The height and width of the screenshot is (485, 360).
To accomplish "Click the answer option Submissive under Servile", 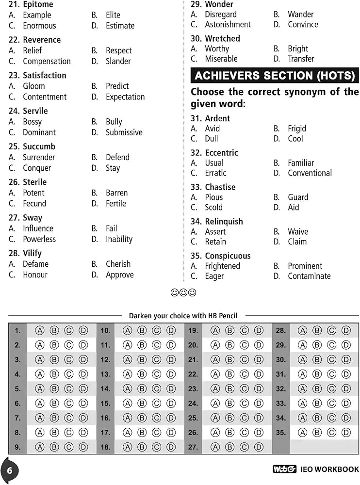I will [x=124, y=132].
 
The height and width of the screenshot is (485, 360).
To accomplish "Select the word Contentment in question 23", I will [x=45, y=97].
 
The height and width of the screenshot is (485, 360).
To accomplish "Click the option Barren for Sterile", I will [x=116, y=193].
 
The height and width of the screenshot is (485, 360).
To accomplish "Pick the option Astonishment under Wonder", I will [x=228, y=24].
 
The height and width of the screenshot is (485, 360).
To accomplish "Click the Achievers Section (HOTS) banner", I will [x=275, y=76].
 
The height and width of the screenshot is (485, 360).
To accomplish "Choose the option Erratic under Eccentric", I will [x=215, y=173].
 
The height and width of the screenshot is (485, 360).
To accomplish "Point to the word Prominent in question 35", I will [x=305, y=266].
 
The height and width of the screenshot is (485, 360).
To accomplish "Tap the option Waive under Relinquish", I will [x=297, y=232].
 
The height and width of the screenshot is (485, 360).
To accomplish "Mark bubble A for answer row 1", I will [x=40, y=331].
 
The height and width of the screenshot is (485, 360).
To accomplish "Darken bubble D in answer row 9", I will [x=83, y=447].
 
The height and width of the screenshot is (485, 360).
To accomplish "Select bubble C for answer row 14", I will [x=157, y=389].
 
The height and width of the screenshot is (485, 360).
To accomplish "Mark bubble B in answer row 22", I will [x=230, y=374].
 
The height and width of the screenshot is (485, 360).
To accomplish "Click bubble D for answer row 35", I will [x=346, y=433].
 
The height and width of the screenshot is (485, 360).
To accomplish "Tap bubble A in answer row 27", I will [x=215, y=447].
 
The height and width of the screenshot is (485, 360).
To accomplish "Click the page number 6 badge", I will [x=9, y=470].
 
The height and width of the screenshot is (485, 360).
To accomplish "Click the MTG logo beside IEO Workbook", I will [x=284, y=469].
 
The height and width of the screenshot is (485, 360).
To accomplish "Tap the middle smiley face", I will [x=183, y=292].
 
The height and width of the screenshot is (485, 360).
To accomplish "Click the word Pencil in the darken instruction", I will [x=228, y=316].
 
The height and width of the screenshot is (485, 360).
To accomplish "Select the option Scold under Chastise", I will [x=213, y=208].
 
